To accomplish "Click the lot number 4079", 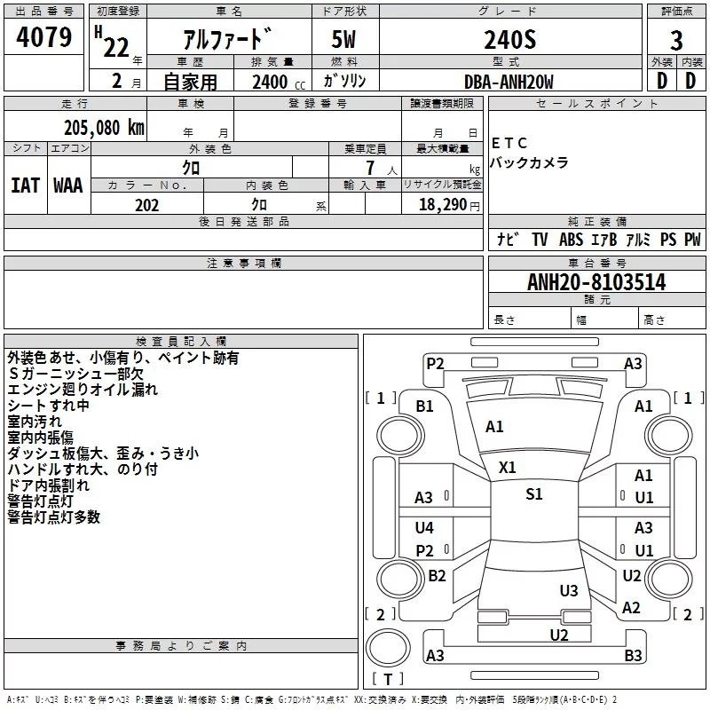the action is (x=44, y=39).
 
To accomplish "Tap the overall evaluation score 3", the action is (x=676, y=41).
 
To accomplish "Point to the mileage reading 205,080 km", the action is (x=104, y=127).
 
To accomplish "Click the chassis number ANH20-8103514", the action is (x=596, y=282).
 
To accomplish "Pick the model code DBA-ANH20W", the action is (x=509, y=82).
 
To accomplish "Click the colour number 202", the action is (x=146, y=205).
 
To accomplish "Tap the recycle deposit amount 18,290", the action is (x=443, y=205).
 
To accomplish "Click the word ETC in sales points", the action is (x=509, y=143).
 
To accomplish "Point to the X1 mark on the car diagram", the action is (x=508, y=467).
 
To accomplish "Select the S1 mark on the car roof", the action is (x=533, y=494).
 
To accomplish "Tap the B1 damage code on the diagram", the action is (x=425, y=406).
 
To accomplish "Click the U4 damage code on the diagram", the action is (x=425, y=528).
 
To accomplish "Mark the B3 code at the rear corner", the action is (x=633, y=656).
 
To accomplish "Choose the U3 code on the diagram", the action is (x=569, y=591).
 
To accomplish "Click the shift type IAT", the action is (x=25, y=185).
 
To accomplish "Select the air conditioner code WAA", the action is (x=68, y=185).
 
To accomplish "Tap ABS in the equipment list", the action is (x=571, y=240).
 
